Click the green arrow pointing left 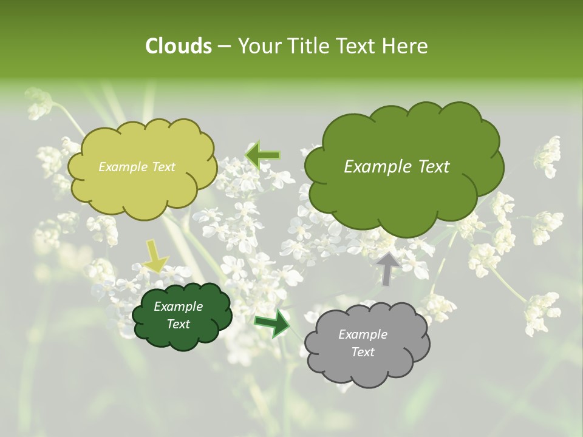(262, 155)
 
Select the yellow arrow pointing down (155, 256)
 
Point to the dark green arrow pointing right (272, 323)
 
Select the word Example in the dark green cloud (178, 307)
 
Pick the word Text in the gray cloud (363, 352)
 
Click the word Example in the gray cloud (363, 334)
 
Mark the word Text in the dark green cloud (178, 324)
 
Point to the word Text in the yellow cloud (163, 167)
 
